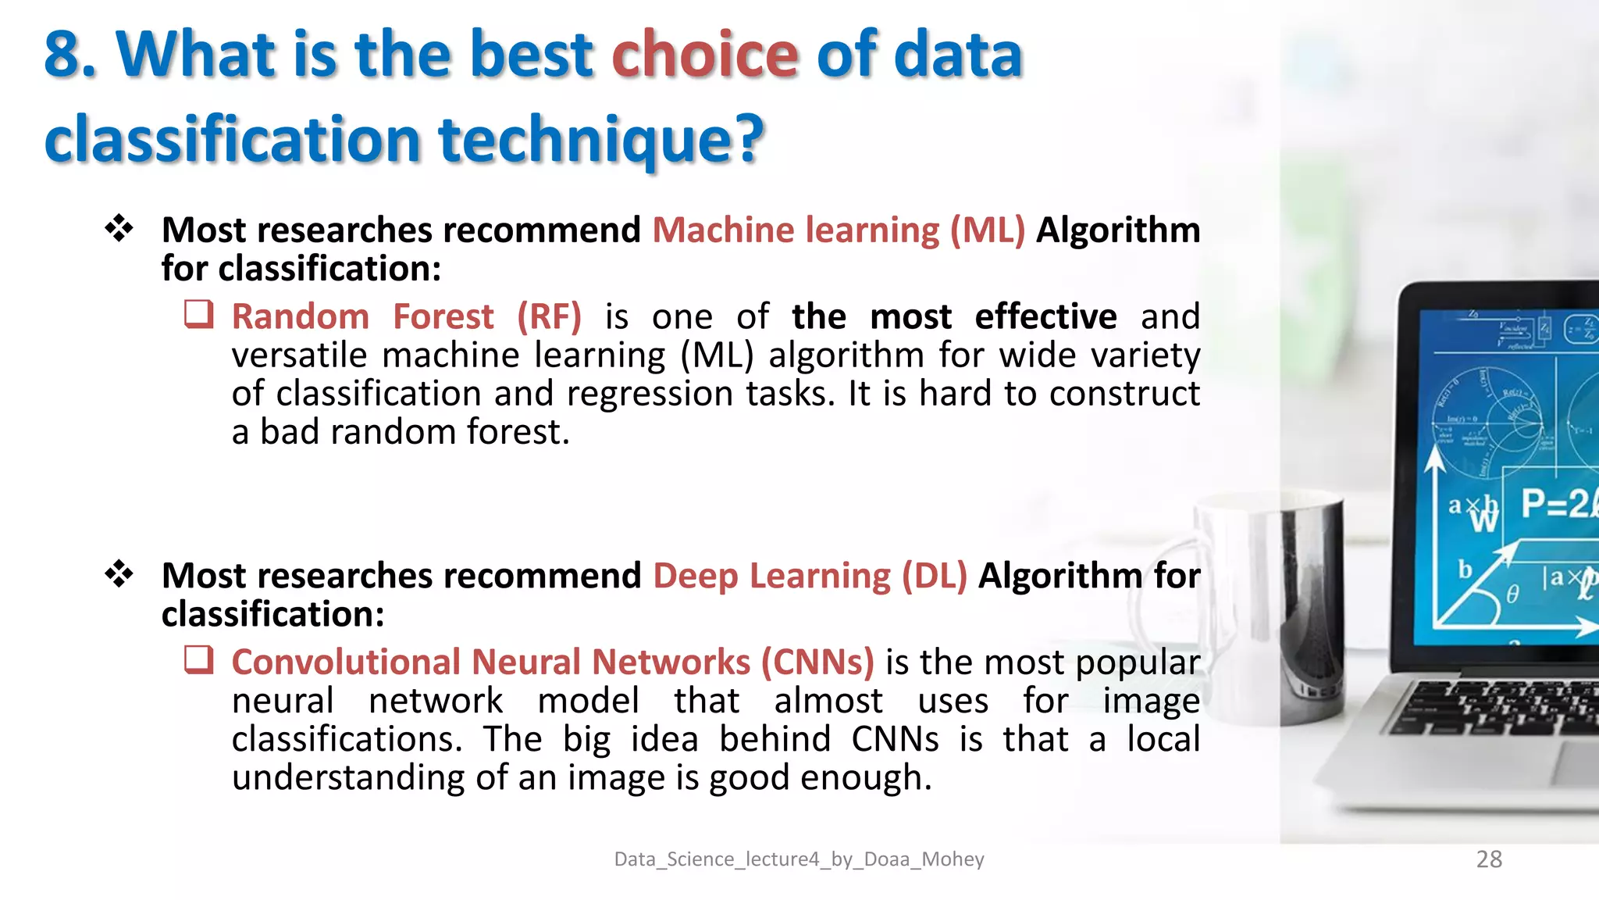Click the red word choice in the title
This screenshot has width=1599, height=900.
pyautogui.click(x=704, y=55)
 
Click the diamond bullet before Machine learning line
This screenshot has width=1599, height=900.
pyautogui.click(x=119, y=228)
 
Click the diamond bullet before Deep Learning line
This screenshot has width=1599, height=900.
pyautogui.click(x=119, y=574)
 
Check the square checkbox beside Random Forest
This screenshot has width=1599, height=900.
pyautogui.click(x=198, y=314)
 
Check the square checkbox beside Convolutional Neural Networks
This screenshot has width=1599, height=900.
pyautogui.click(x=198, y=659)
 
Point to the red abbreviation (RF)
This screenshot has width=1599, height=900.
pyautogui.click(x=549, y=316)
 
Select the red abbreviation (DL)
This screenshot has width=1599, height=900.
pyautogui.click(x=934, y=576)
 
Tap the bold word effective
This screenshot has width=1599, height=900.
pyautogui.click(x=1045, y=316)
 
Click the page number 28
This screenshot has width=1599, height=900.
pyautogui.click(x=1489, y=859)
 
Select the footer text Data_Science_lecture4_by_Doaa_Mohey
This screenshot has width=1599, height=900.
pyautogui.click(x=799, y=859)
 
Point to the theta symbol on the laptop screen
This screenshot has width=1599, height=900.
pyautogui.click(x=1512, y=595)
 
